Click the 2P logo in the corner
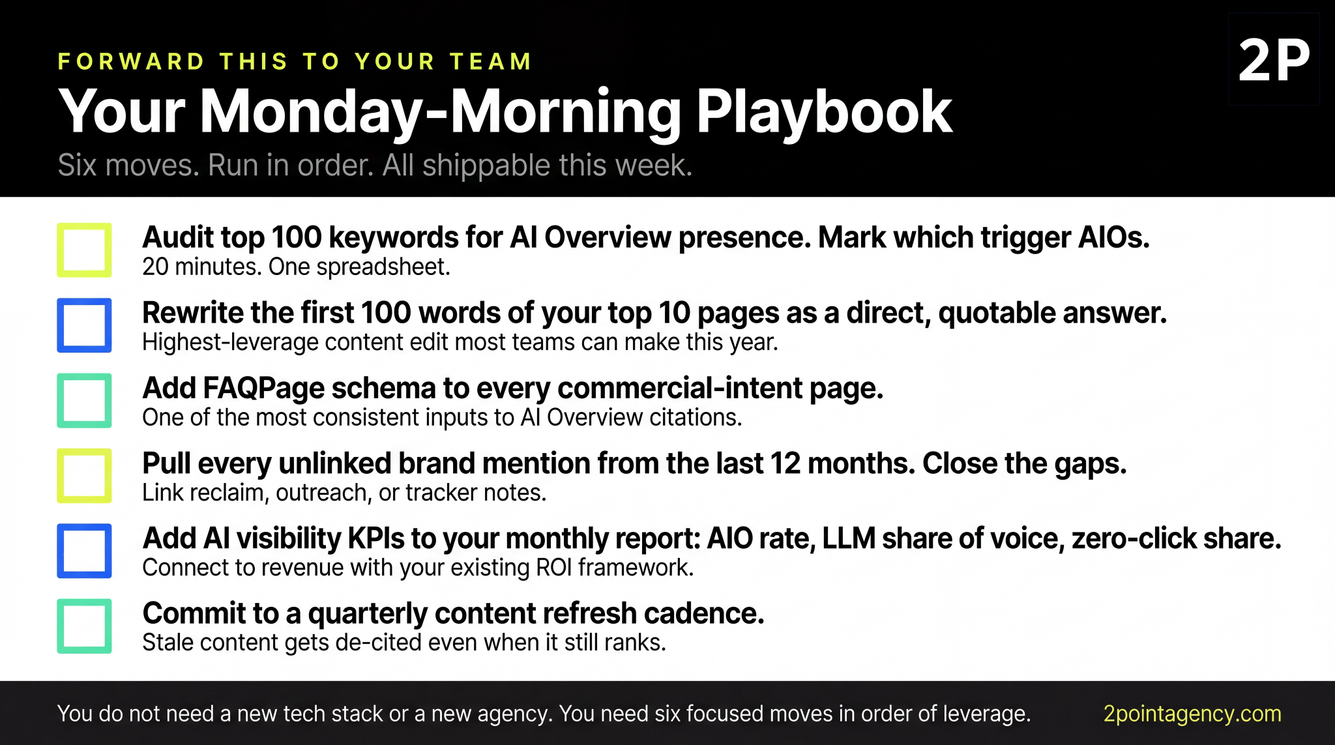point(1274,60)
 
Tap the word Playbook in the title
point(824,112)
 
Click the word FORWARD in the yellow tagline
point(131,62)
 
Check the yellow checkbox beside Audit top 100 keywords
point(84,250)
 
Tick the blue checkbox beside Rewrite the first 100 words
point(84,325)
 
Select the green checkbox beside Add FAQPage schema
point(84,400)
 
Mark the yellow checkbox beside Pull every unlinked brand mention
point(84,476)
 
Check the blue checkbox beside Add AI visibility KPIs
point(84,551)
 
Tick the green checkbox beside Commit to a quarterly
point(84,626)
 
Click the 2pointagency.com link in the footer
point(1192,714)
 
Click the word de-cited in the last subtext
point(378,643)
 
